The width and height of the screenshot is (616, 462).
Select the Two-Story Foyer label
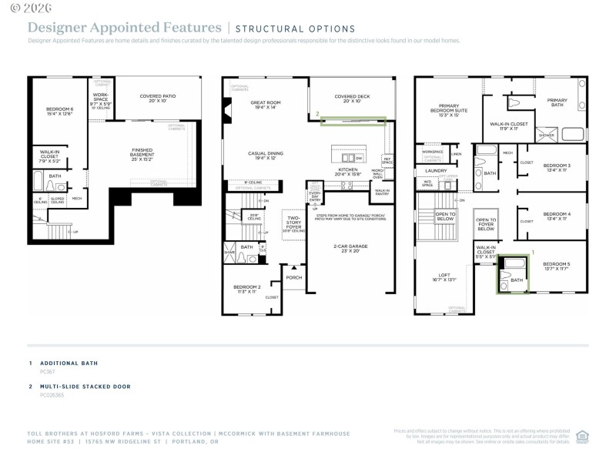[x=293, y=221]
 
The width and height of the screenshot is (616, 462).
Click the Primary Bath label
[x=557, y=102]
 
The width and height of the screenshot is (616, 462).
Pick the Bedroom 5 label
[x=557, y=266]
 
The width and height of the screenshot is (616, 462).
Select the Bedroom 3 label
[x=556, y=167]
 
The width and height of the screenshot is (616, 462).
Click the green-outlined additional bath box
[x=513, y=274]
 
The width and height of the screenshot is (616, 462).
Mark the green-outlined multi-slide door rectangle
[x=353, y=120]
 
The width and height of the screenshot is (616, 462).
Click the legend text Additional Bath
[x=69, y=363]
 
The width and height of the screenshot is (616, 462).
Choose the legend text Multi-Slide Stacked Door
[x=85, y=387]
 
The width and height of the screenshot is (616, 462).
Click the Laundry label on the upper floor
[x=436, y=170]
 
